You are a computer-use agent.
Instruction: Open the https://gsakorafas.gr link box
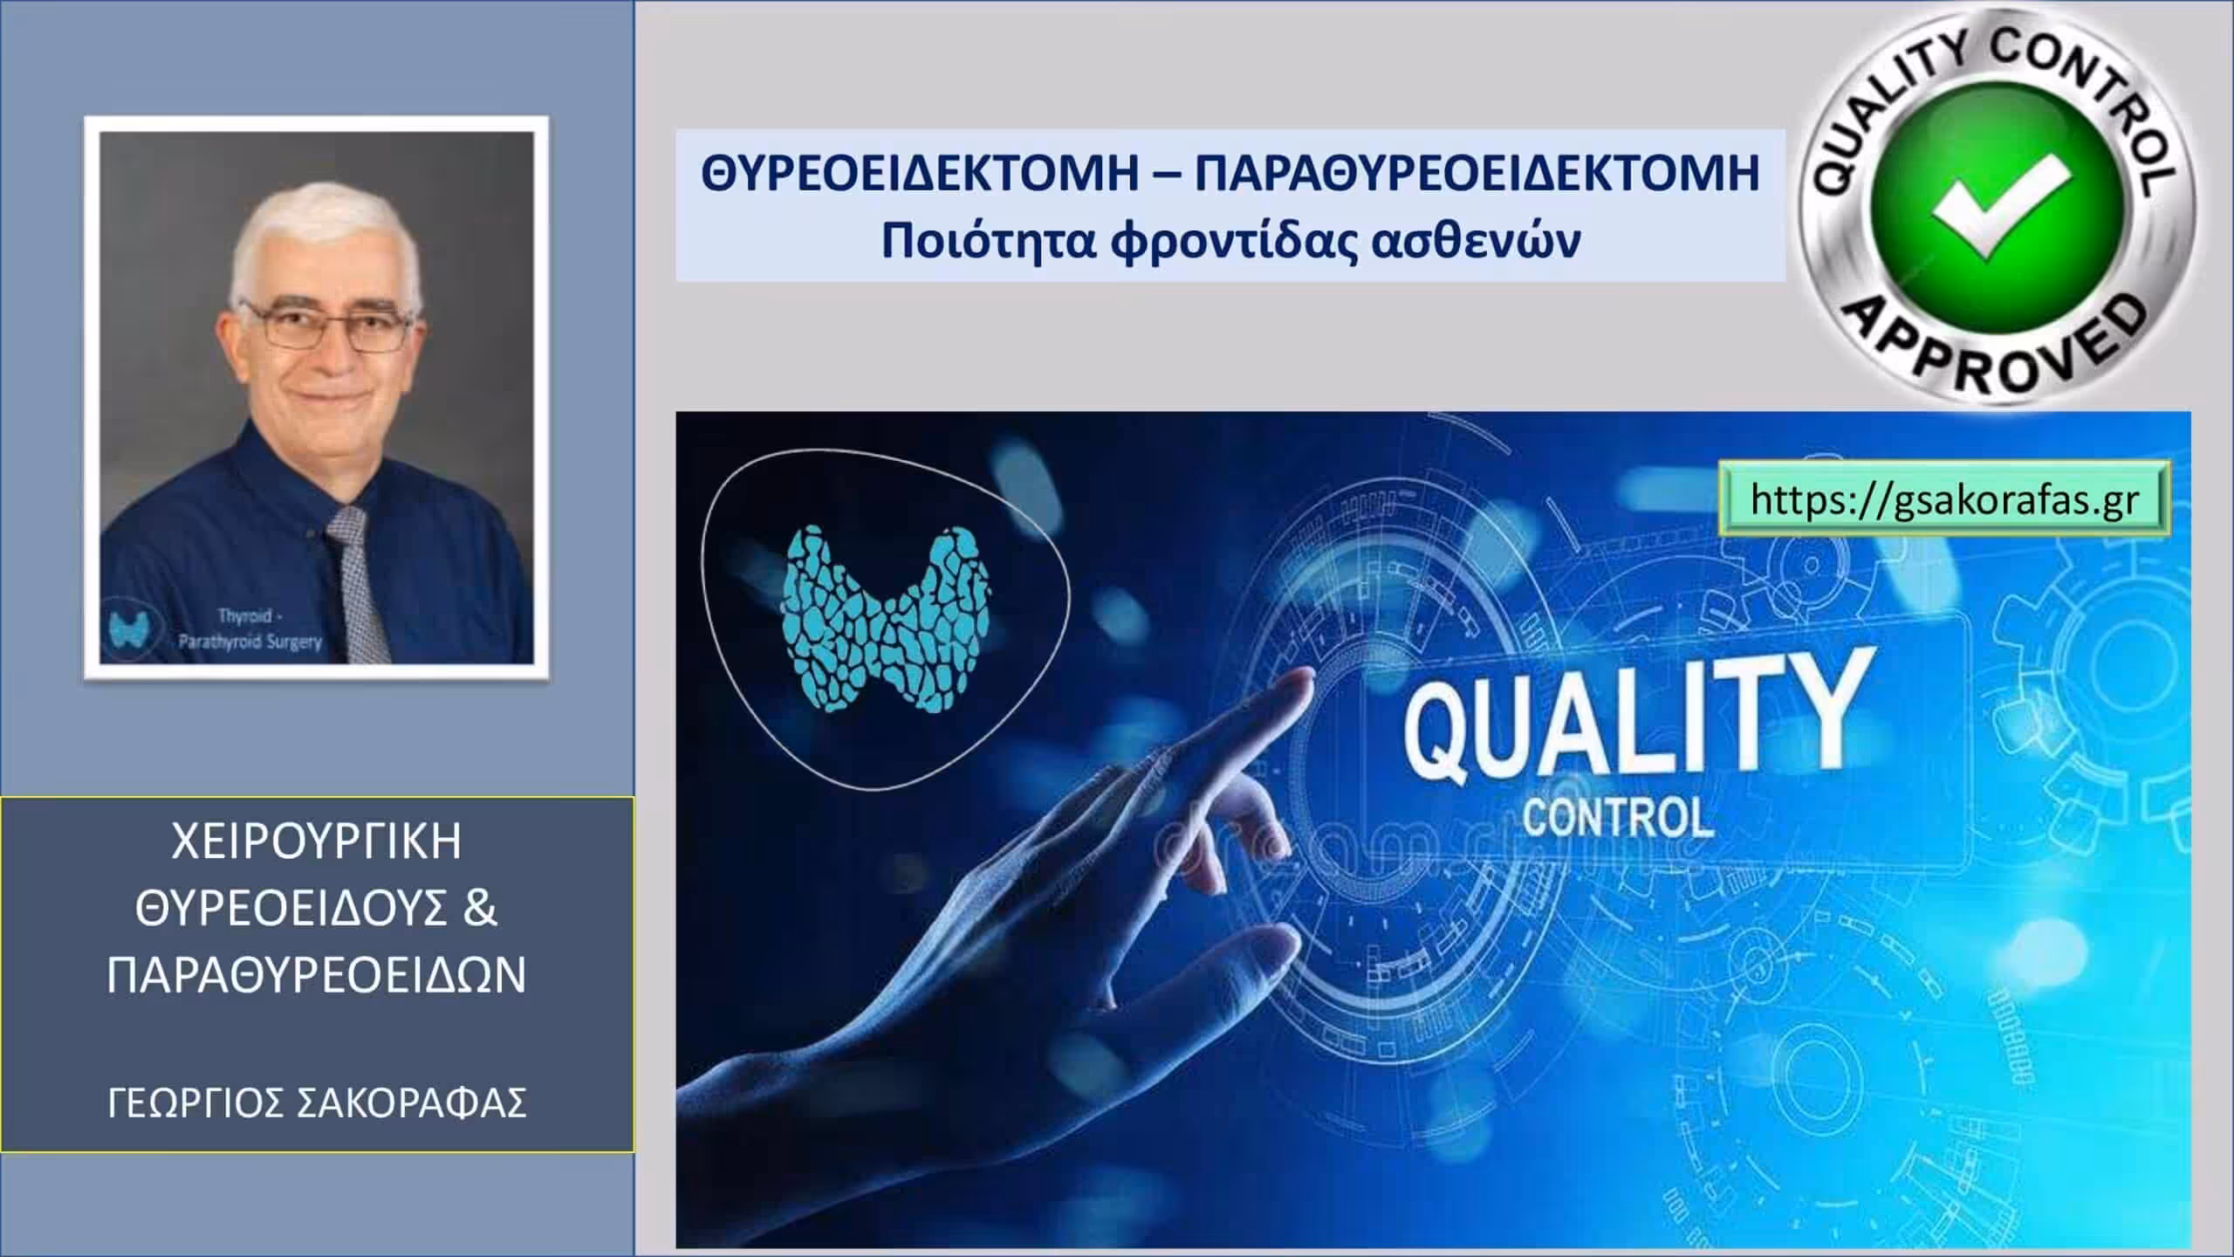tap(1944, 500)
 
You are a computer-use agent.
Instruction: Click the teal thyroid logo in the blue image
tap(886, 621)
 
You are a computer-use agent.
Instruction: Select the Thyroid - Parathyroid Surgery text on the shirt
tap(250, 628)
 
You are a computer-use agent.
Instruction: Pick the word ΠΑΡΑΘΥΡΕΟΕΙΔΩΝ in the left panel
tap(317, 975)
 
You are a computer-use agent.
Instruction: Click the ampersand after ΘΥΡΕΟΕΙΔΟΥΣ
tap(478, 909)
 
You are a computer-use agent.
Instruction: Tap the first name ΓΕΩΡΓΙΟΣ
tap(196, 1102)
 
